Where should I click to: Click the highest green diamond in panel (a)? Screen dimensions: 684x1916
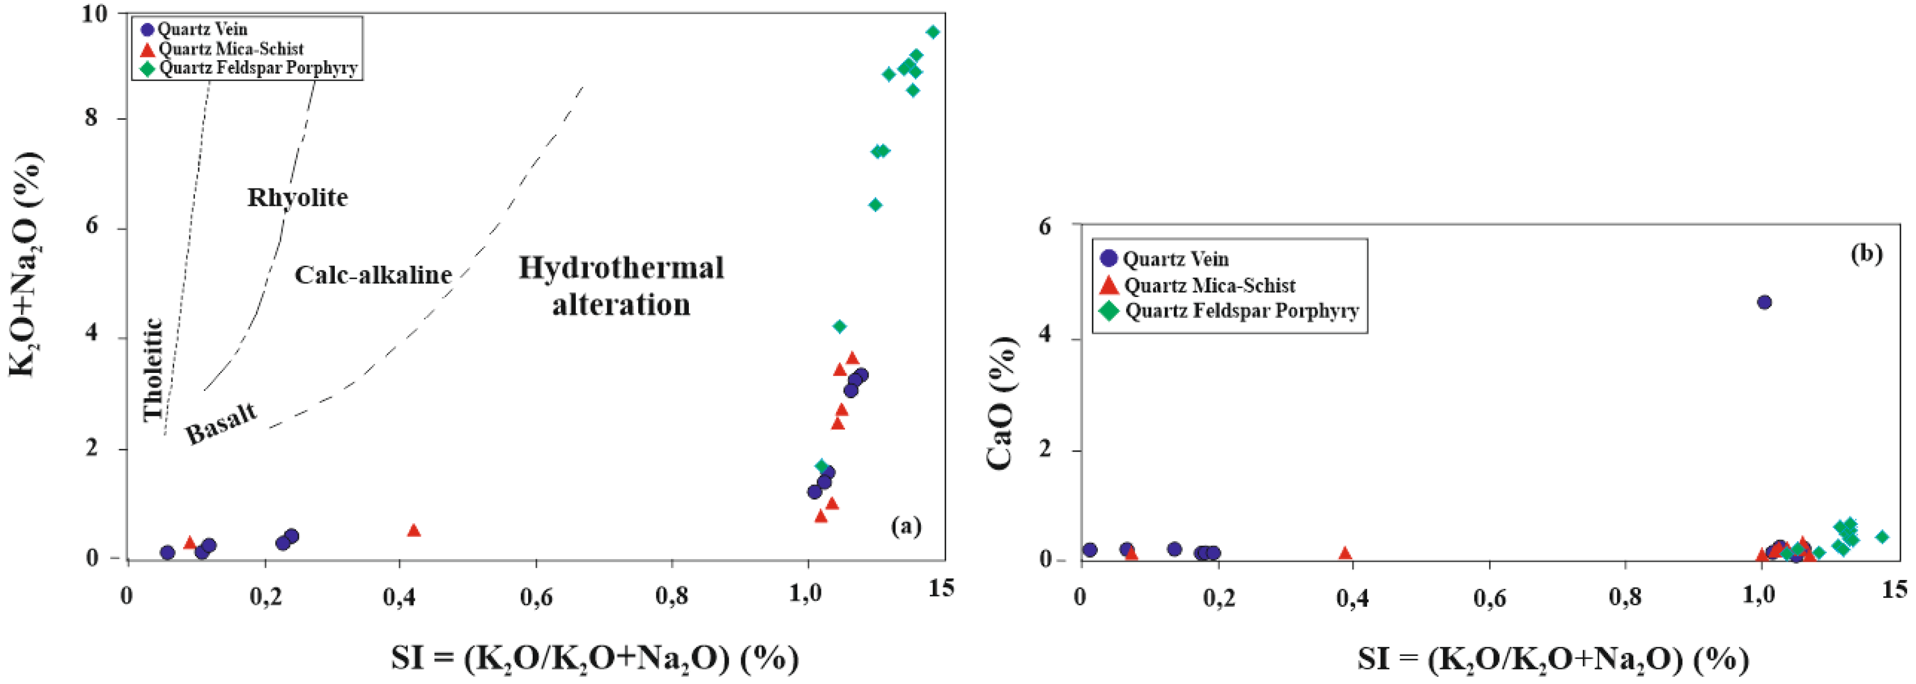[x=933, y=32]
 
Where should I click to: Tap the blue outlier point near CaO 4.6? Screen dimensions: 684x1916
[x=1764, y=302]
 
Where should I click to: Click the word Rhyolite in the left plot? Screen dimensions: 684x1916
[x=298, y=198]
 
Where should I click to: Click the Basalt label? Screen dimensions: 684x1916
[x=221, y=424]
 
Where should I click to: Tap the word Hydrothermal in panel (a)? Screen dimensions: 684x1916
[x=621, y=268]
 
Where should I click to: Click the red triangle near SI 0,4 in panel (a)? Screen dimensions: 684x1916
[x=414, y=530]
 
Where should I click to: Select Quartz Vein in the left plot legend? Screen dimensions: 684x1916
[x=202, y=30]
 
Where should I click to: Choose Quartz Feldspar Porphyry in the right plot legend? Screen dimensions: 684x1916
[x=1241, y=311]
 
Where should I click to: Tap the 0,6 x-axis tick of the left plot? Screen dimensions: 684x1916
[x=535, y=596]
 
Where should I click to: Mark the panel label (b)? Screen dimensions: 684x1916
[x=1865, y=254]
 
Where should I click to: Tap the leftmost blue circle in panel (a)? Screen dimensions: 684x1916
[x=167, y=552]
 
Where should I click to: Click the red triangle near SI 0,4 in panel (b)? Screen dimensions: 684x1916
[x=1345, y=553]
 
